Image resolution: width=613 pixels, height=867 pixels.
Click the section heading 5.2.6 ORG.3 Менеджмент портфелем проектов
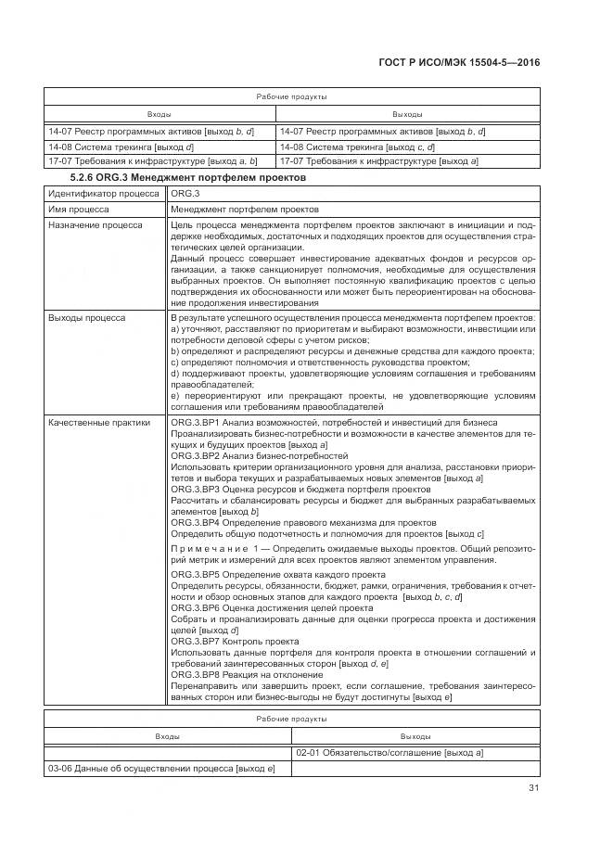tap(189, 176)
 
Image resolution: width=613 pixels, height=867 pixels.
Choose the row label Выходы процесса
tap(87, 318)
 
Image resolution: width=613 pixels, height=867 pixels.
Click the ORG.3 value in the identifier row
tap(185, 193)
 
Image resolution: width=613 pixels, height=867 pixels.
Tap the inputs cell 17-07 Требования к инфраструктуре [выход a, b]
tap(151, 161)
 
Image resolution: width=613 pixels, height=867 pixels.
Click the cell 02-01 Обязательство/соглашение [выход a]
tap(390, 753)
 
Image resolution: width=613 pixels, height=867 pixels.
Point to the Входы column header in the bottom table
tap(168, 735)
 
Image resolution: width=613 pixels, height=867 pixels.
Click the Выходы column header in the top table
tap(407, 114)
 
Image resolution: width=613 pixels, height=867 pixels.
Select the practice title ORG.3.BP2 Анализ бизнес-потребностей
tap(260, 456)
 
